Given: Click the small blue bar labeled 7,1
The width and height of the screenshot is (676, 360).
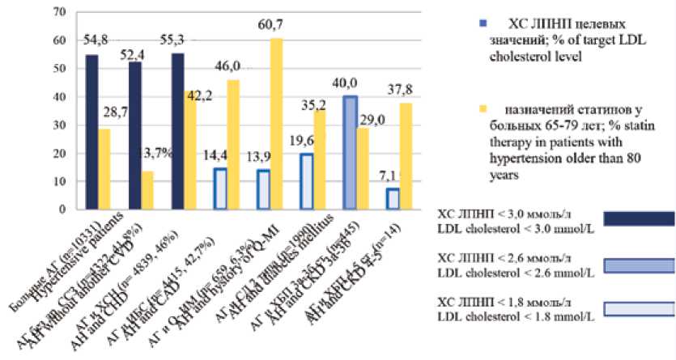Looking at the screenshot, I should pyautogui.click(x=393, y=198).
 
